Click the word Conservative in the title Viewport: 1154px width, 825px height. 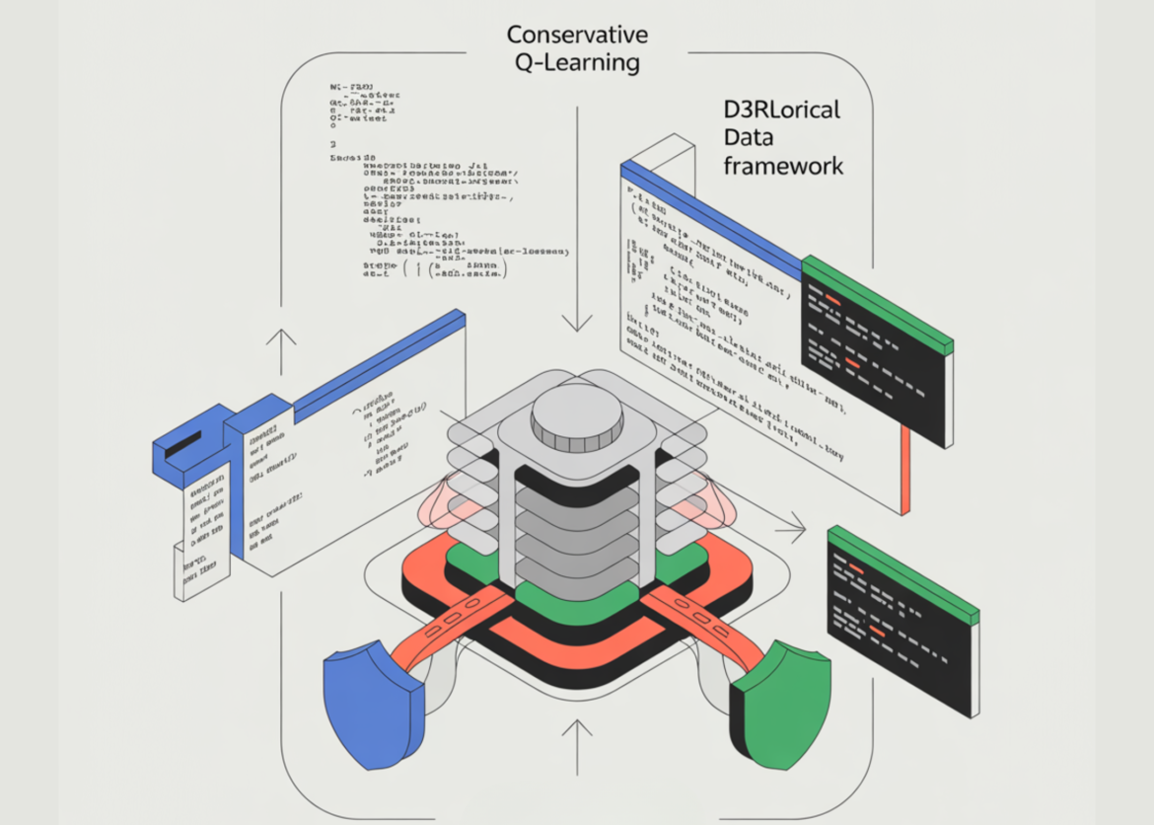click(x=577, y=35)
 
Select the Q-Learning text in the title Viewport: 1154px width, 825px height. click(x=577, y=64)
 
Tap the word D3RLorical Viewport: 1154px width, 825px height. click(x=782, y=110)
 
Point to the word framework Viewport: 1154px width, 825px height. click(x=783, y=165)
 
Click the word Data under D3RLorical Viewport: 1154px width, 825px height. click(x=751, y=137)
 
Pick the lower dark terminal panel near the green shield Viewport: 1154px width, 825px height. click(x=902, y=622)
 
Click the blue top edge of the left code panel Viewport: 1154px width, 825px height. click(x=380, y=361)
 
